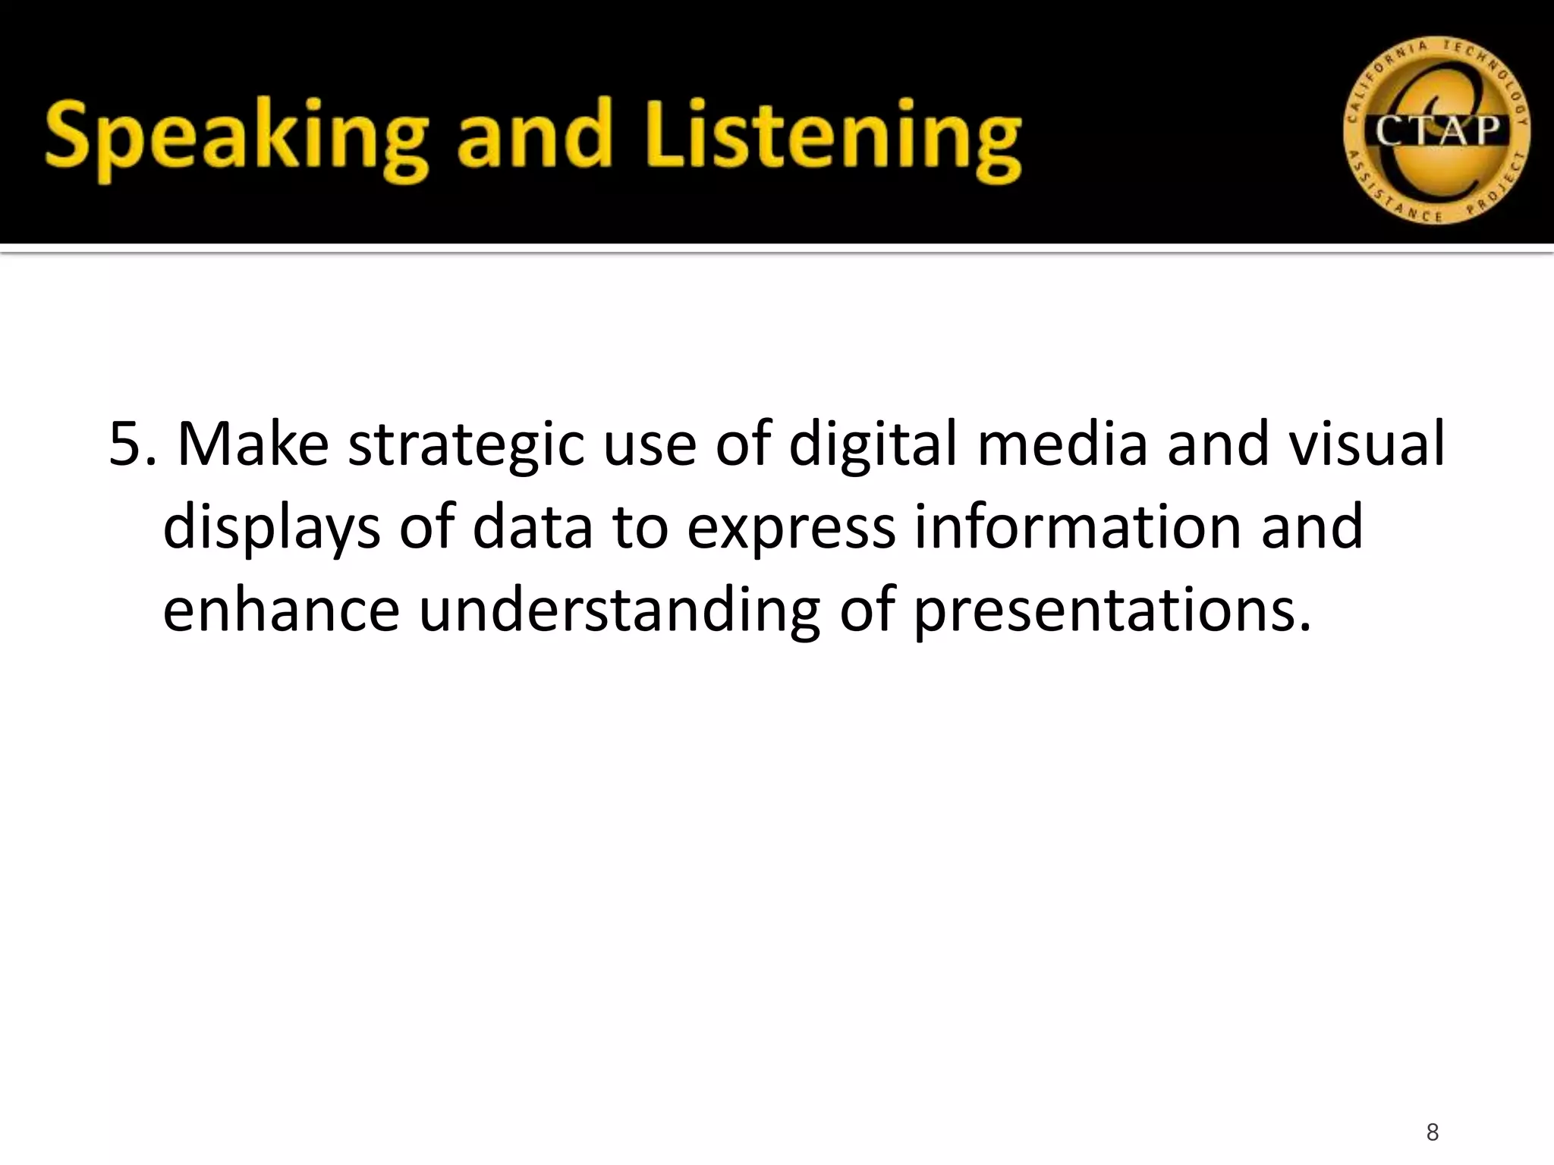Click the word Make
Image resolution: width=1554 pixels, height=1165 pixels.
(253, 444)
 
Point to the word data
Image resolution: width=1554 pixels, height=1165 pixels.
(532, 526)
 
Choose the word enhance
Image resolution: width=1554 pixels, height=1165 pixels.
(281, 610)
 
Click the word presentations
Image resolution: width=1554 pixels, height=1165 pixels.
(1112, 611)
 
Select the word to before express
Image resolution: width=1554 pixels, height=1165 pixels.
(640, 528)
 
